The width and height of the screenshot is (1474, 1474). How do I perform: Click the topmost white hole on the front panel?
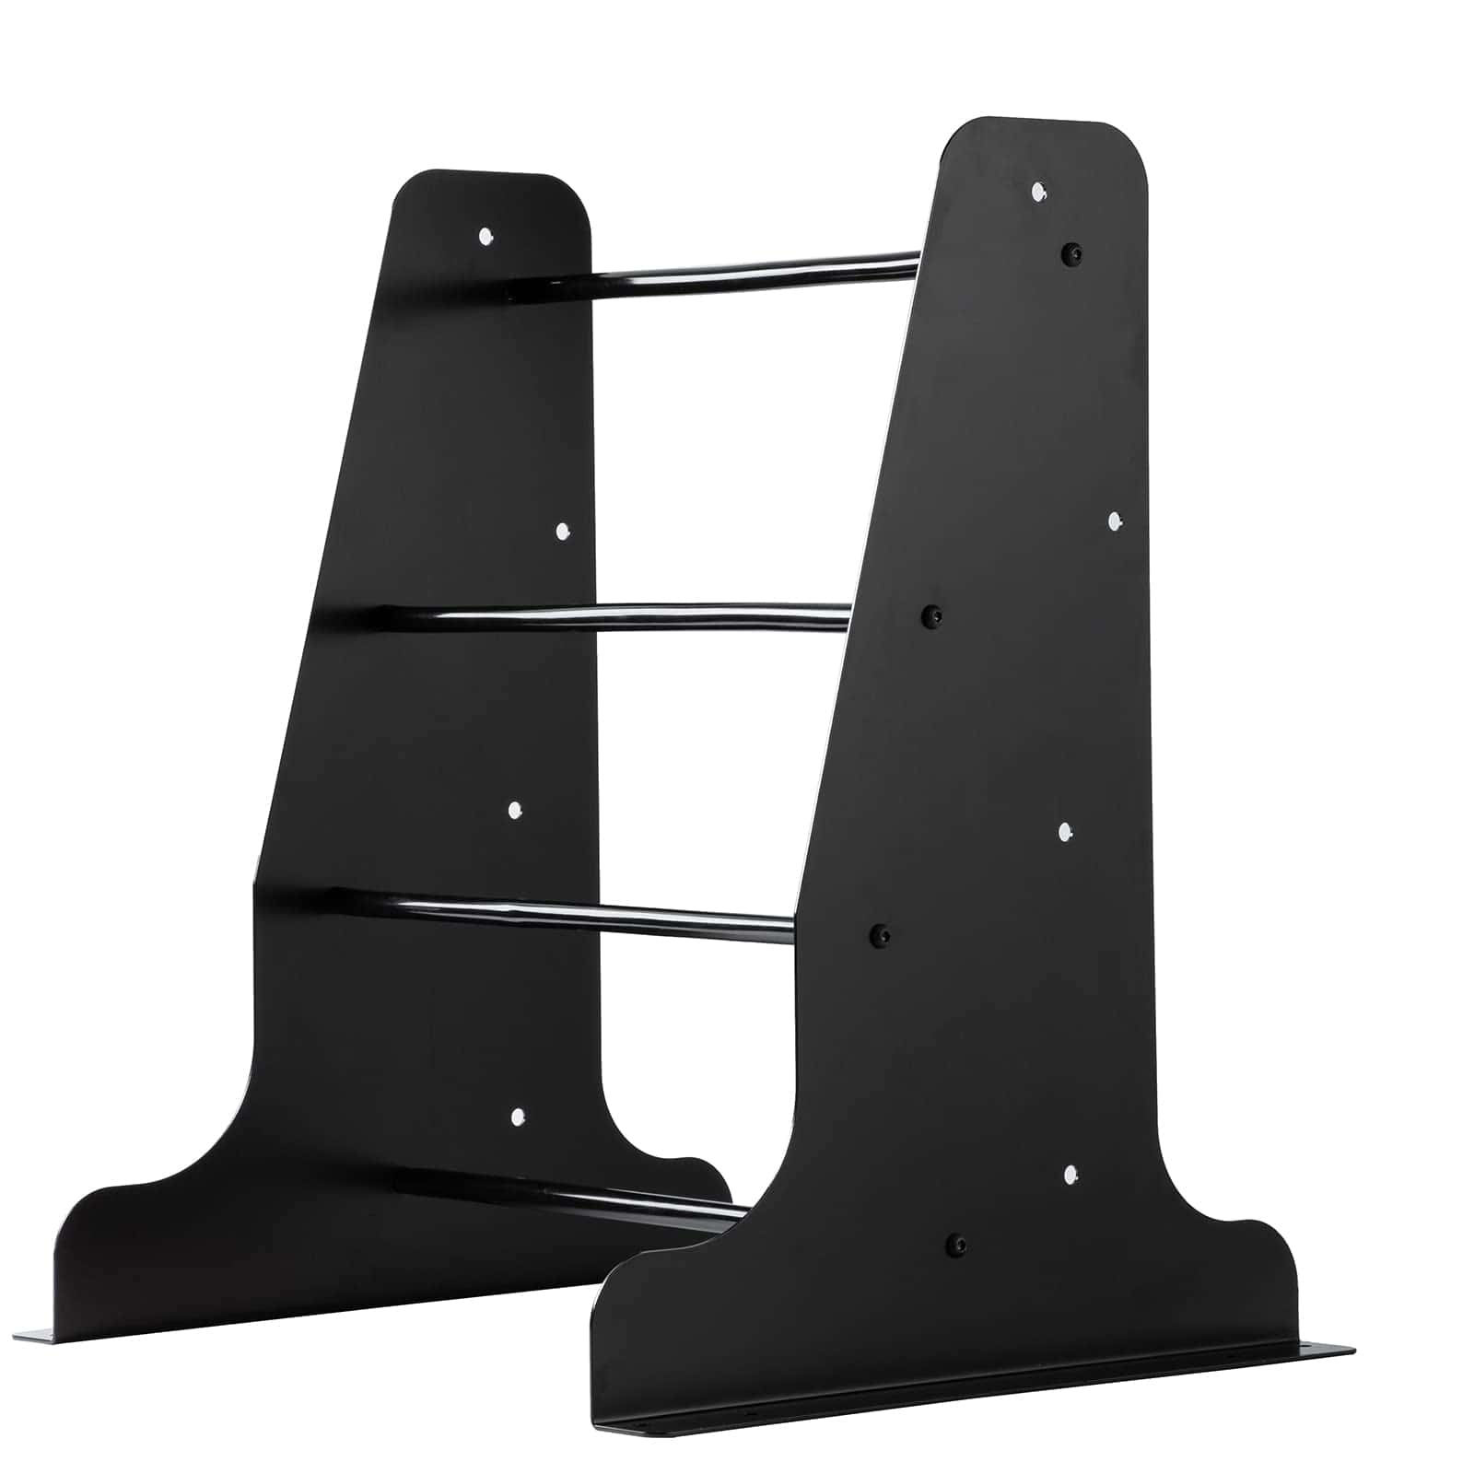(x=1038, y=192)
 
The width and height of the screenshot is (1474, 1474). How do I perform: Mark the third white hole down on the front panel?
(x=1064, y=832)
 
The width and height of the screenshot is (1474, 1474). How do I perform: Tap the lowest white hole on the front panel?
(x=1070, y=1174)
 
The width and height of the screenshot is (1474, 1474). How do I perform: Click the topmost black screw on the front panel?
(x=1070, y=252)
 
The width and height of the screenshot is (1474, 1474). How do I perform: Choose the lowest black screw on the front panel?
(x=957, y=1246)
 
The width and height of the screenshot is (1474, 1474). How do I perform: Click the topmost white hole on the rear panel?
(x=485, y=236)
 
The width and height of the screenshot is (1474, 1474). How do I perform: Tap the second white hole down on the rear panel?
(x=563, y=531)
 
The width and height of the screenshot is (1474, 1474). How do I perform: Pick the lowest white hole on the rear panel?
(x=517, y=1117)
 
